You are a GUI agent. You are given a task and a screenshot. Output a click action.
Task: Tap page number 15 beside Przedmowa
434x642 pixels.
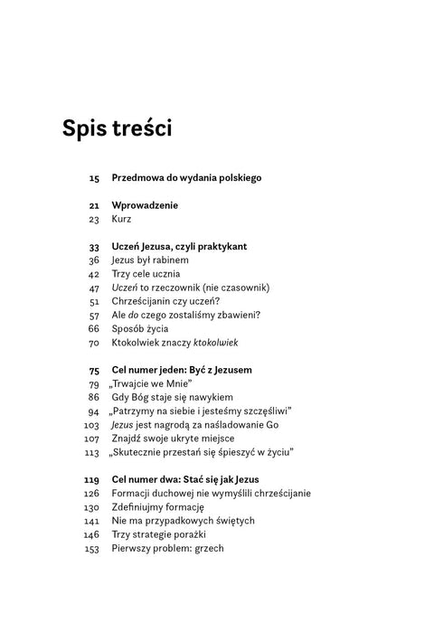(x=94, y=178)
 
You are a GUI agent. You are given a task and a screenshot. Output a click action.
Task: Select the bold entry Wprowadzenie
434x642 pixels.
(x=145, y=205)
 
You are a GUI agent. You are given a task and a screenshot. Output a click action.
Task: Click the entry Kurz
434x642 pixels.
(x=119, y=219)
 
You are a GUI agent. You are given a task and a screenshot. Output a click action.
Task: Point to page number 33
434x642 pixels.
(x=94, y=246)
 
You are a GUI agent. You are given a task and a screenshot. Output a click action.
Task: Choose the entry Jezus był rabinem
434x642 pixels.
(x=150, y=260)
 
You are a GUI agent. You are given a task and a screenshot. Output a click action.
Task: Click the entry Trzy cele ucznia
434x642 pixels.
(x=146, y=274)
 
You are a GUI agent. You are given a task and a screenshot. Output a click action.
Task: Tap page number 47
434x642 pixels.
(x=94, y=288)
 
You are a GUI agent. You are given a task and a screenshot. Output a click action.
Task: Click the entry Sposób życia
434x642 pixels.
(x=141, y=329)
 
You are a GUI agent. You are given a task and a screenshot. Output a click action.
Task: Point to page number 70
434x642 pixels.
(x=94, y=344)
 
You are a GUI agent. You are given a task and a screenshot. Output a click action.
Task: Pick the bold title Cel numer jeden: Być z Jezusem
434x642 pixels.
(x=182, y=371)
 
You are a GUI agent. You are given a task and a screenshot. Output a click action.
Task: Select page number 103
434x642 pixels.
(x=91, y=425)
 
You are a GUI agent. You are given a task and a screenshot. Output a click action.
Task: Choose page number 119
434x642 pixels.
(x=91, y=479)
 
